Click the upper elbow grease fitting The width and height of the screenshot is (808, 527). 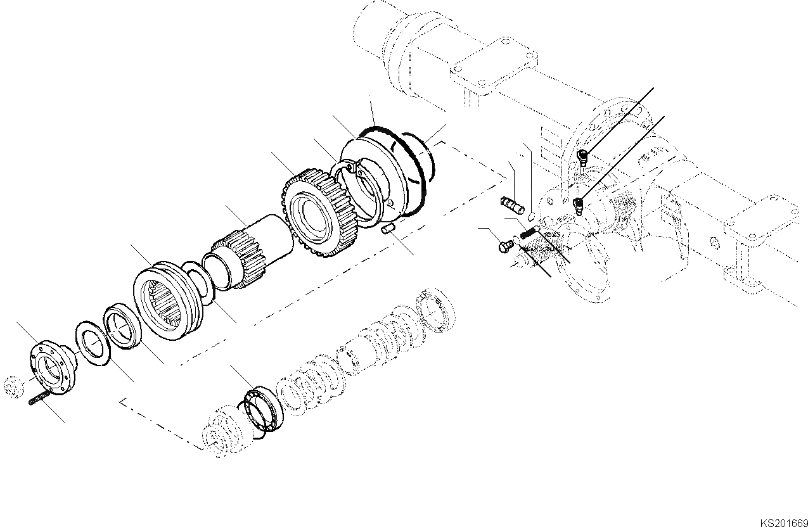coord(582,155)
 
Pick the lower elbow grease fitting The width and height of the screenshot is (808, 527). coord(578,204)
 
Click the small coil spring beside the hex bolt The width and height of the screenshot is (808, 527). coord(527,234)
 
